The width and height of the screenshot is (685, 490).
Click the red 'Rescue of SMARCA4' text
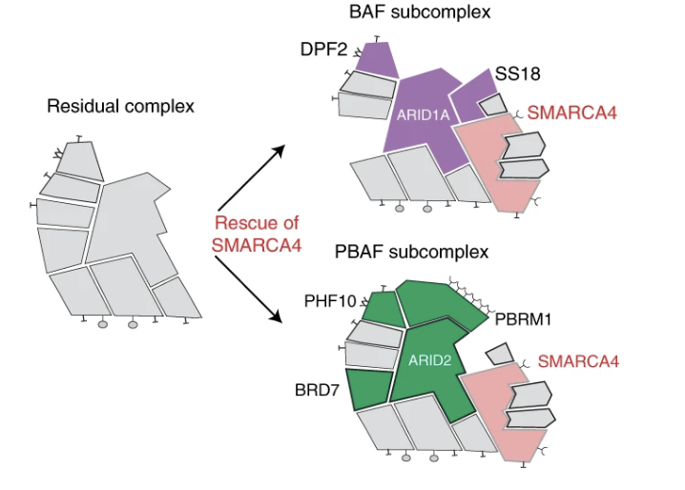(256, 233)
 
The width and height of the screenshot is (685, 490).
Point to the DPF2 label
(321, 47)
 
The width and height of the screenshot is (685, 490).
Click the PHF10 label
(329, 301)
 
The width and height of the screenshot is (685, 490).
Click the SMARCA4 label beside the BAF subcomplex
(572, 112)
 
